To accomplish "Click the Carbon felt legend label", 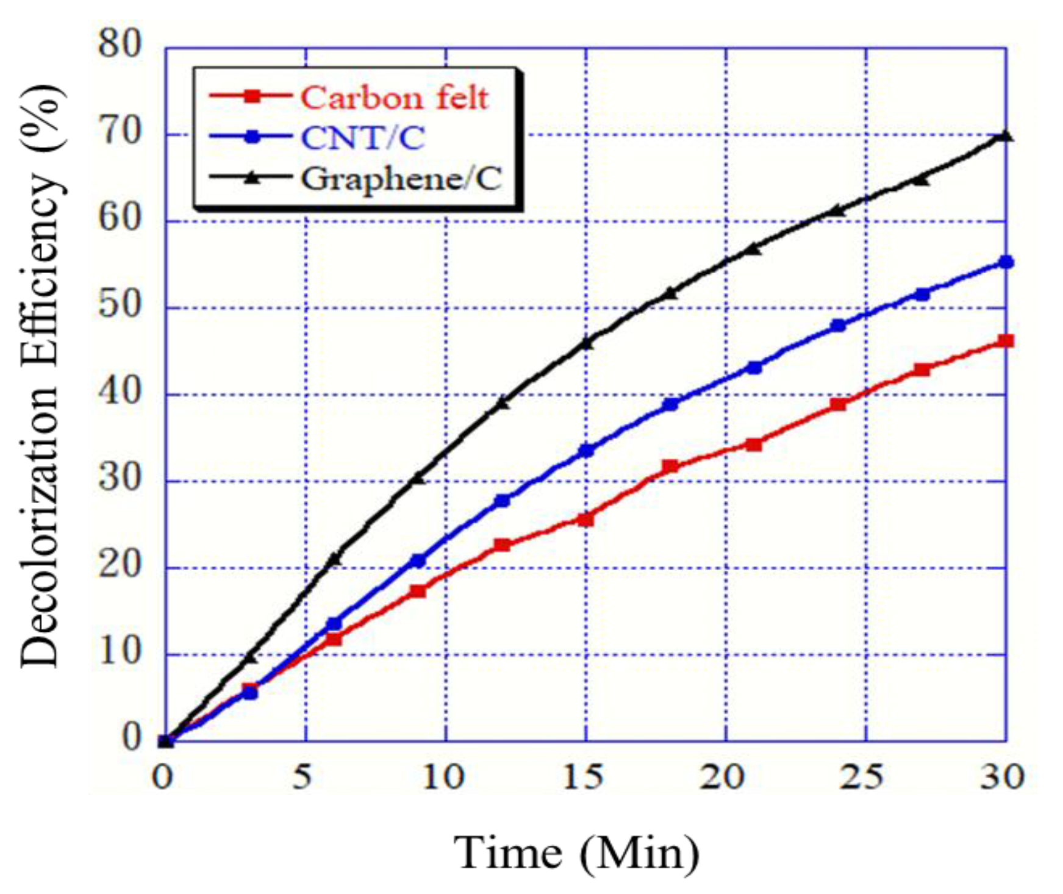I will click(394, 98).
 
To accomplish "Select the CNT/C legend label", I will click(363, 138).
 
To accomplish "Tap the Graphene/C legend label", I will click(401, 178).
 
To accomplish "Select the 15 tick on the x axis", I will click(584, 777).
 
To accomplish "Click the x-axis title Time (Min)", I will click(576, 852).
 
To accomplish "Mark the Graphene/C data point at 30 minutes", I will click(1004, 135).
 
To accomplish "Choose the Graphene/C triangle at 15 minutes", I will click(586, 343).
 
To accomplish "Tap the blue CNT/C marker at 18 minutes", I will click(670, 404).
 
